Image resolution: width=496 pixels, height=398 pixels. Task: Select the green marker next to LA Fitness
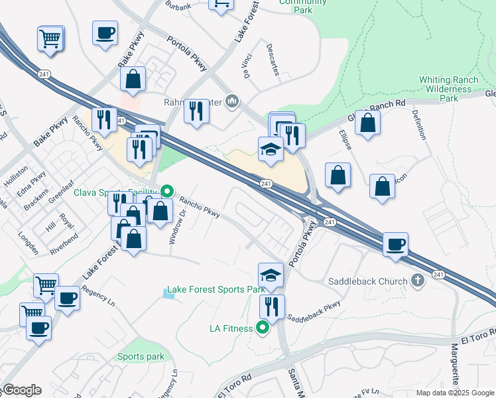[x=263, y=327]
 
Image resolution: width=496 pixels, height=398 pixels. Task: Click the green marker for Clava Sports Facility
[x=167, y=192]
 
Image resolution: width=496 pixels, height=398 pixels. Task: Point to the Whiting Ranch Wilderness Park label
[x=449, y=89]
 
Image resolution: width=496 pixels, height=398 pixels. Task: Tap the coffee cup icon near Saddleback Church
[x=395, y=244]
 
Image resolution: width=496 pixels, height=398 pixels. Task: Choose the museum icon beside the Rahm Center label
[x=232, y=101]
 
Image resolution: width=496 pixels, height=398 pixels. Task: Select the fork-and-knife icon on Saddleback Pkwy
[x=272, y=307]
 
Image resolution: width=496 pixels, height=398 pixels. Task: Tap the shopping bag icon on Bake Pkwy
[x=133, y=79]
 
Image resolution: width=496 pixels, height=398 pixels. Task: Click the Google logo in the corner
[x=21, y=390]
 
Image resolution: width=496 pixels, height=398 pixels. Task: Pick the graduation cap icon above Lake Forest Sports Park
[x=271, y=275]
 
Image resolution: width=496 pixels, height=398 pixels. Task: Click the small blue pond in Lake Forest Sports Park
[x=170, y=293]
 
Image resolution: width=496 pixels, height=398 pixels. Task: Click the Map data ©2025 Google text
[x=456, y=393]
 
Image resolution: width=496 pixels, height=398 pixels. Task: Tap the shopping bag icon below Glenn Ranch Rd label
[x=367, y=123]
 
